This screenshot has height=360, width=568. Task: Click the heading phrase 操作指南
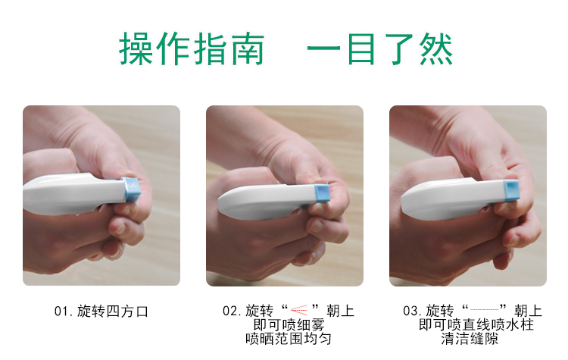tap(192, 49)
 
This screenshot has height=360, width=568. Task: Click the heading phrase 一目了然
tap(380, 49)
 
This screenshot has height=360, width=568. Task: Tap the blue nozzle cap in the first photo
tap(132, 189)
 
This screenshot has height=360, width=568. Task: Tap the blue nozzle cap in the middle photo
tap(322, 193)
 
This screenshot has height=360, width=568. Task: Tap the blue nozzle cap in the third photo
tap(511, 189)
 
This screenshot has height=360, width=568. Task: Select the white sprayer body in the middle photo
tap(267, 201)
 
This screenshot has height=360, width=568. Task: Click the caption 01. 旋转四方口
tap(101, 311)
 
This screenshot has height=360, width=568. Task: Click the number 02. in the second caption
tap(232, 311)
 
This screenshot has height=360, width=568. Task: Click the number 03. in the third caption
tap(412, 311)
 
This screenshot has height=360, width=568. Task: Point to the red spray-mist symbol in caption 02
tap(299, 310)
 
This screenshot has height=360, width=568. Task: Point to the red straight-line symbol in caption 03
tap(485, 310)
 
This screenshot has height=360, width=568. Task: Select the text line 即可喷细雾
tap(289, 325)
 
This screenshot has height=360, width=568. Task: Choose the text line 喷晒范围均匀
tap(289, 339)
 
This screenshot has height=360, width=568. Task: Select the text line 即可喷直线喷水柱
tap(476, 324)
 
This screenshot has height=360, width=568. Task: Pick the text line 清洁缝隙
tap(470, 339)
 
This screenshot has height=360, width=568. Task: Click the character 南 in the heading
tap(248, 49)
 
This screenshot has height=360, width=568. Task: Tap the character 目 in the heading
tap(361, 49)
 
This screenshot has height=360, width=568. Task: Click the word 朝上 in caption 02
tap(340, 311)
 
